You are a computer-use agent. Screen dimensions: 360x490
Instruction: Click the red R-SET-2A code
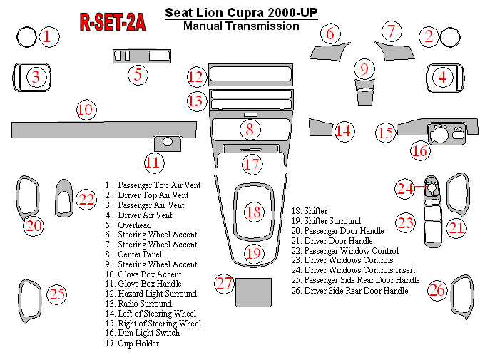(x=113, y=23)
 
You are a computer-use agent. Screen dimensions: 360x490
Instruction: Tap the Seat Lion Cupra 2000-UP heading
(x=241, y=12)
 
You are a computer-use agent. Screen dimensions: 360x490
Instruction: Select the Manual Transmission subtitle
(x=241, y=26)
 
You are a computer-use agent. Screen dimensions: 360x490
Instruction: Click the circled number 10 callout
(x=86, y=110)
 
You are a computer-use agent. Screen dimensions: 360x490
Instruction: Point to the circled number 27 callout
(x=225, y=284)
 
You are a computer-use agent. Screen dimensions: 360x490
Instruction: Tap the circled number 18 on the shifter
(x=253, y=212)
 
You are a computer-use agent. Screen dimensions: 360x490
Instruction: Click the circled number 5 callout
(x=138, y=73)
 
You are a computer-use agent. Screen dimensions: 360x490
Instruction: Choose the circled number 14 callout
(x=344, y=130)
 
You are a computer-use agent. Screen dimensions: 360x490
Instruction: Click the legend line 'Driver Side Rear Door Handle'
(x=356, y=291)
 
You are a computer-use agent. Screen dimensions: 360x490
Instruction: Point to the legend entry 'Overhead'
(x=134, y=225)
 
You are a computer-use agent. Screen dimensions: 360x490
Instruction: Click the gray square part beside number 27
(x=252, y=292)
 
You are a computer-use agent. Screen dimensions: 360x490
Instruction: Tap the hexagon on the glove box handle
(x=168, y=141)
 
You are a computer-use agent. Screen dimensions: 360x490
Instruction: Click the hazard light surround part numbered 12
(x=250, y=75)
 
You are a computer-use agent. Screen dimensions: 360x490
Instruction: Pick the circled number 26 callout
(x=437, y=290)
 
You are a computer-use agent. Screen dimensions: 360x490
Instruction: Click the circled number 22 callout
(x=86, y=200)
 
